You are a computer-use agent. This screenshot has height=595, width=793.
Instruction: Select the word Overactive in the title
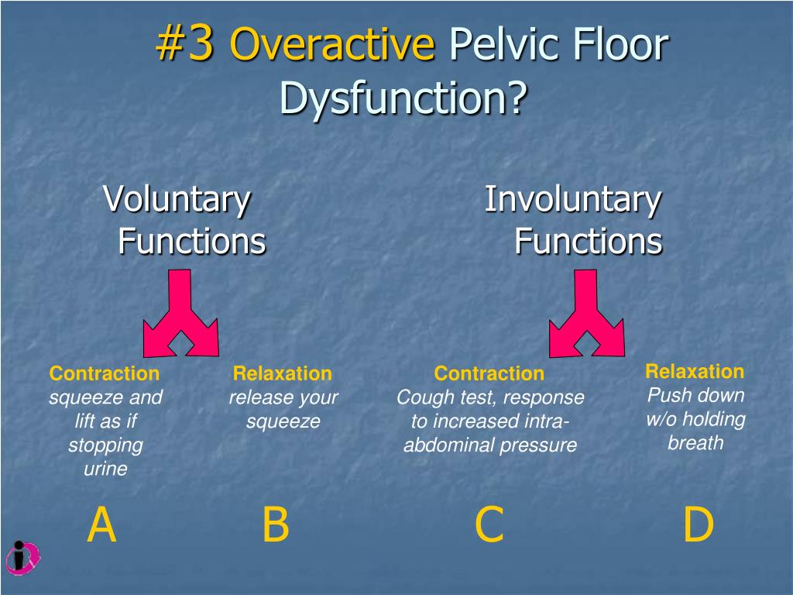click(332, 45)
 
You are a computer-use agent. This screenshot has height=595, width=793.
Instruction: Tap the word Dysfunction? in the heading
click(403, 98)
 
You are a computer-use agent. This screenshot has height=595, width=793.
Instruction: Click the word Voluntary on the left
click(177, 200)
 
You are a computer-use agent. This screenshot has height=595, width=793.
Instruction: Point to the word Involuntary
click(573, 200)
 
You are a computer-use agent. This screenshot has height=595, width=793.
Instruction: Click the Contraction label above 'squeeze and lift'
click(105, 374)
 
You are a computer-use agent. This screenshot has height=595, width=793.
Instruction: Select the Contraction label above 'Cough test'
click(489, 374)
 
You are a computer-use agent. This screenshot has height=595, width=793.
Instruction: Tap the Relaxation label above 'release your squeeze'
click(283, 374)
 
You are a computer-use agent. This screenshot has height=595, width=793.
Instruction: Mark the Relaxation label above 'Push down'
click(695, 371)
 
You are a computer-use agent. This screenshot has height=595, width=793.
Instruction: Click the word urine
click(105, 469)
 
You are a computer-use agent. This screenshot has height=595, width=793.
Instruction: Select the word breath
click(695, 443)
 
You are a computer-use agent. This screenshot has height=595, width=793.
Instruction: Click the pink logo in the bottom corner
click(22, 555)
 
